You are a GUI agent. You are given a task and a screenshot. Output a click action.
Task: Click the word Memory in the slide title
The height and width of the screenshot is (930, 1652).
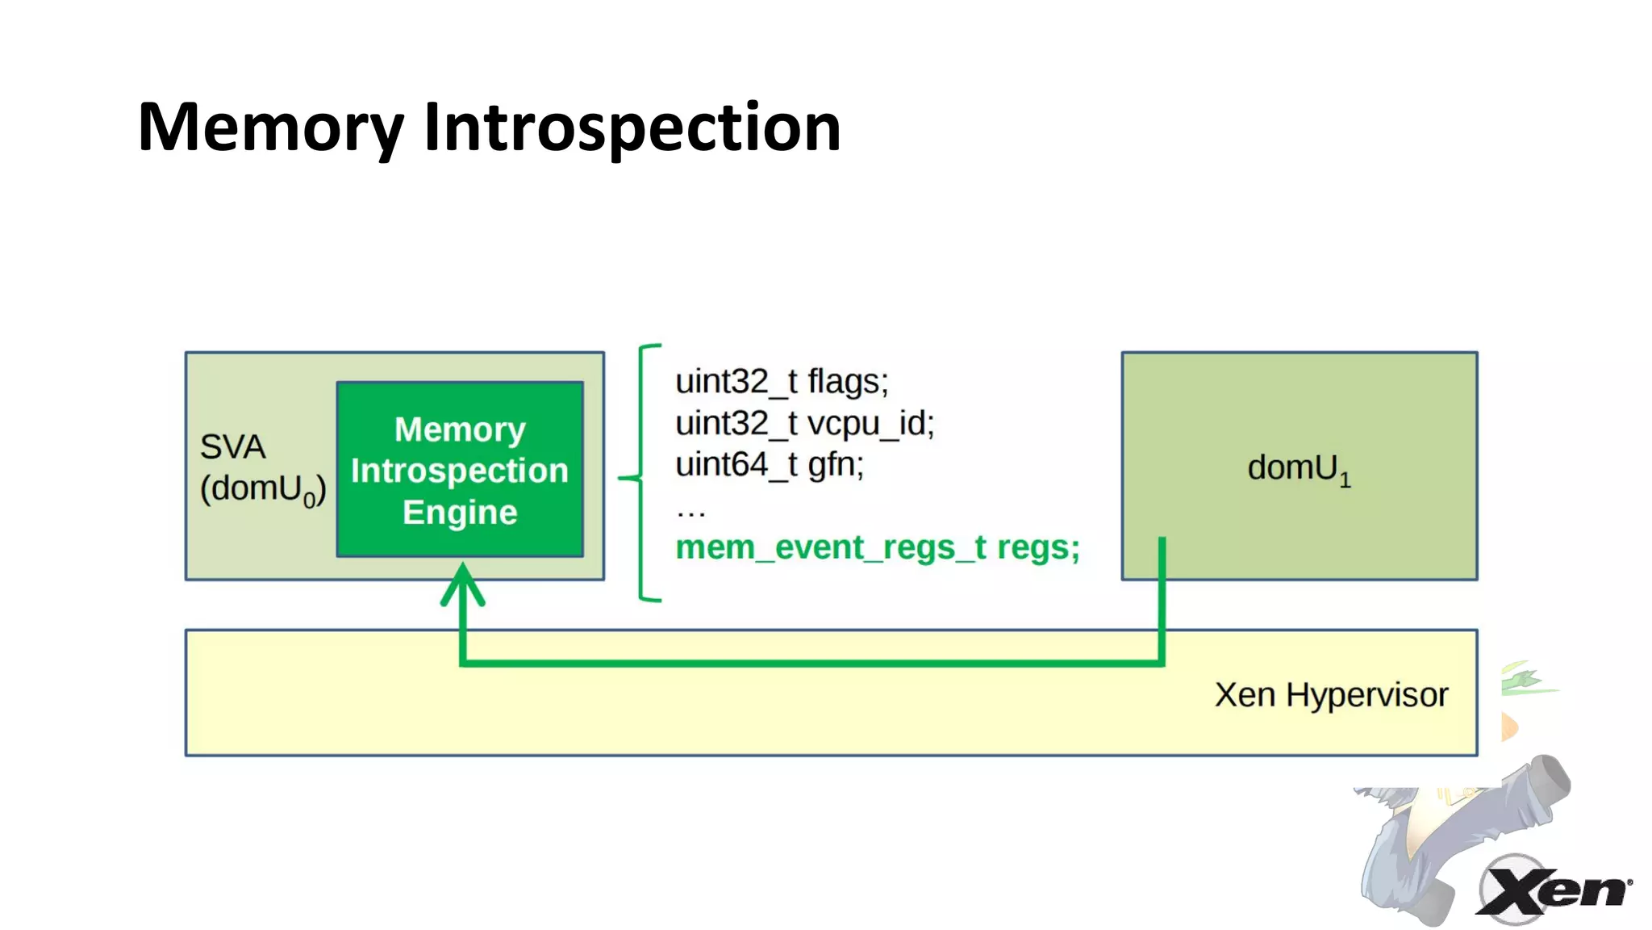(270, 128)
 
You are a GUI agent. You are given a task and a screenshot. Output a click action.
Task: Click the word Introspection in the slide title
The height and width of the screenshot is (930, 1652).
(632, 128)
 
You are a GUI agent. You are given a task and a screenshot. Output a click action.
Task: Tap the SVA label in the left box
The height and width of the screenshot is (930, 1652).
(232, 446)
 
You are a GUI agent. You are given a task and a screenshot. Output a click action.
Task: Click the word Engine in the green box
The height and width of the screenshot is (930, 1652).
(460, 513)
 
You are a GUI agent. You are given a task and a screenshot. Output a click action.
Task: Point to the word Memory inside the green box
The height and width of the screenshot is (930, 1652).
(460, 429)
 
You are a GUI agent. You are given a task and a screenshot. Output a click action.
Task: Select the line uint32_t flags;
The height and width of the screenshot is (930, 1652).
(781, 381)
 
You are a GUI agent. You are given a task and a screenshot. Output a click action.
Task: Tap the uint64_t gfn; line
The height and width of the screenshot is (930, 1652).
(769, 465)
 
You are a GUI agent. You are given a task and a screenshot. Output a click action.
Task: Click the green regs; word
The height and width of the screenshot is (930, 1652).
(1038, 548)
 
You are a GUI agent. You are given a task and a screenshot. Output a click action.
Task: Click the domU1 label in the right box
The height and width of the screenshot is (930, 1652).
(1298, 468)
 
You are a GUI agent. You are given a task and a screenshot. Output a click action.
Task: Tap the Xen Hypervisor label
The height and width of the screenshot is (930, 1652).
(1331, 695)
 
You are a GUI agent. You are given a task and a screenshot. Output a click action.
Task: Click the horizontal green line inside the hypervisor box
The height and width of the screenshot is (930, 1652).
(807, 663)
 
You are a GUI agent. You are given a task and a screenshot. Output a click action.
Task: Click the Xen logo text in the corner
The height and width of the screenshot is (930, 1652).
(1553, 890)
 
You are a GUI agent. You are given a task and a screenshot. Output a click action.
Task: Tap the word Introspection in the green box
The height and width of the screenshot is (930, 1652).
(460, 471)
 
